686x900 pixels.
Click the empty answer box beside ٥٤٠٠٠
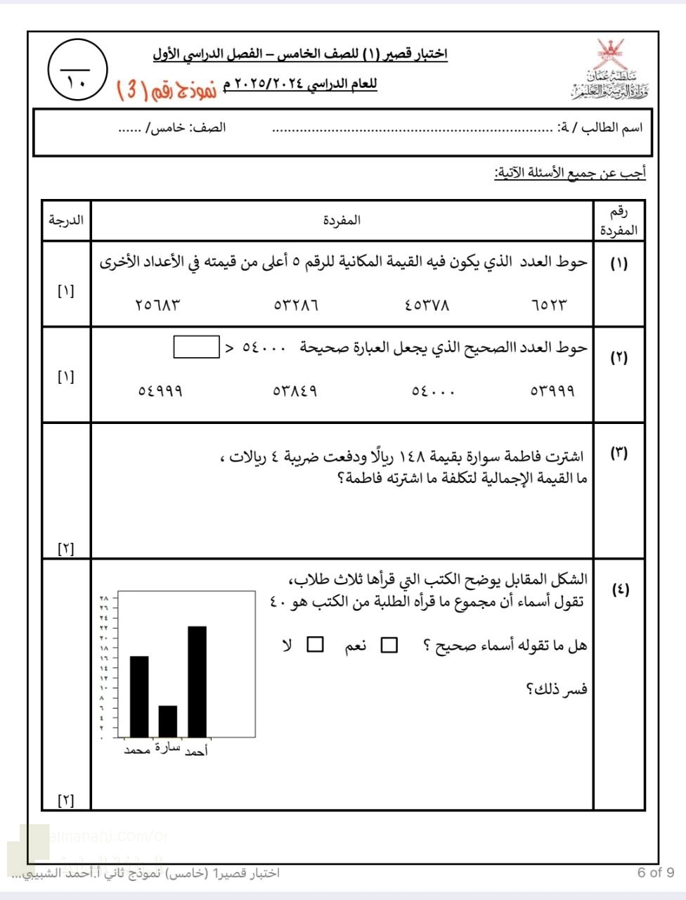tap(196, 347)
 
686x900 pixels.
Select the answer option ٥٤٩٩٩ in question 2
tap(160, 390)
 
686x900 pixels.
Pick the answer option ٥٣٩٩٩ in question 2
tap(552, 390)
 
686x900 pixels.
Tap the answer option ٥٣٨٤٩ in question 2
tap(295, 390)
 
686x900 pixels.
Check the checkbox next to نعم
tap(389, 645)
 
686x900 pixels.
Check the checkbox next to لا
tap(315, 645)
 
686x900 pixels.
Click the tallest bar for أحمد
tap(197, 681)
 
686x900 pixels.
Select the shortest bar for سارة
tap(167, 720)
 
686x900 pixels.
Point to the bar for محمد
tap(139, 695)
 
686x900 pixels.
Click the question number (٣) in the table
tap(619, 454)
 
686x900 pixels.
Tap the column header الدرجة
tap(66, 220)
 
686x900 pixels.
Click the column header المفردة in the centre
tap(342, 220)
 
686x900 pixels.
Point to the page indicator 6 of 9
tap(655, 873)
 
